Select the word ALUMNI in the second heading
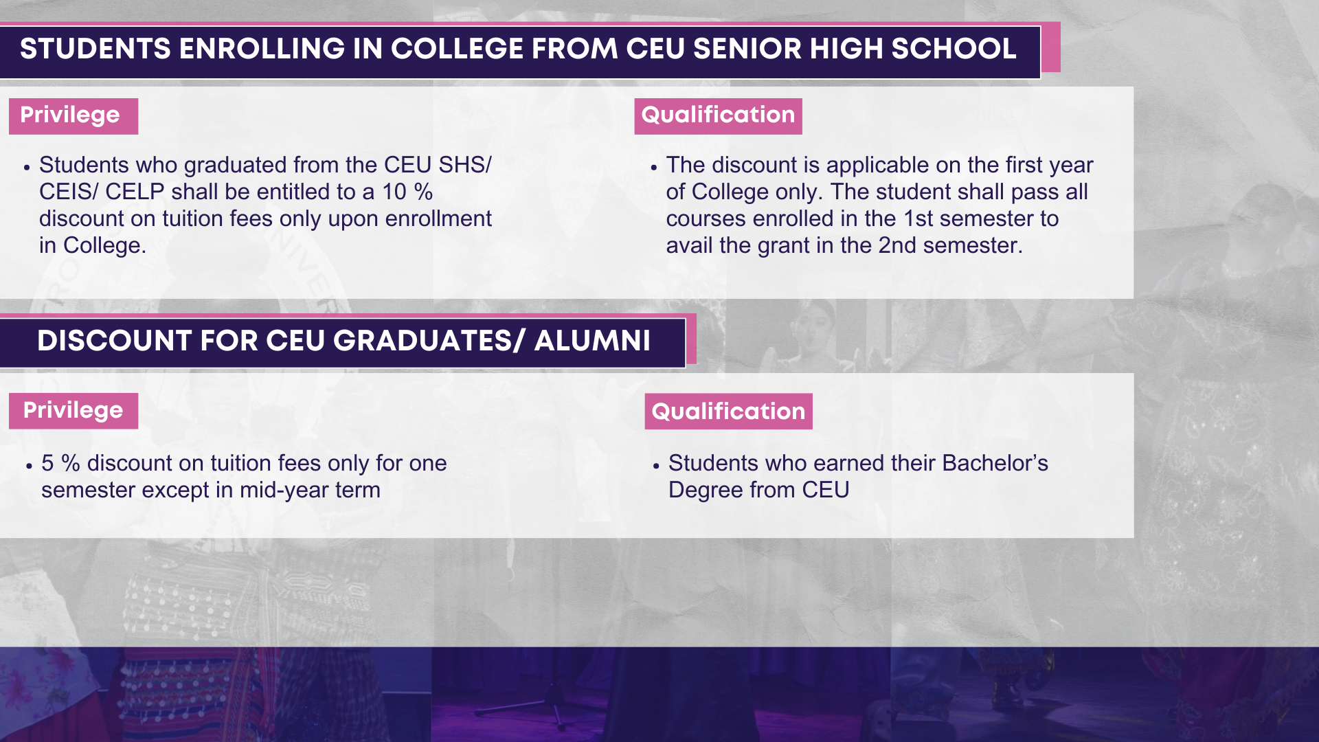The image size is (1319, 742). pyautogui.click(x=591, y=341)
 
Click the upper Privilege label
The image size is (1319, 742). pyautogui.click(x=74, y=115)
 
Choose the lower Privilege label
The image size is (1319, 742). pyautogui.click(x=74, y=411)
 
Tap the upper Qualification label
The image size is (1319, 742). pyautogui.click(x=718, y=115)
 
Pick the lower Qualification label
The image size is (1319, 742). pyautogui.click(x=728, y=411)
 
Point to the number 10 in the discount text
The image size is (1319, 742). pyautogui.click(x=394, y=192)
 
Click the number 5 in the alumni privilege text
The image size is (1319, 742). pyautogui.click(x=47, y=463)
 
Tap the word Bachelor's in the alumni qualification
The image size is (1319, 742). pyautogui.click(x=995, y=463)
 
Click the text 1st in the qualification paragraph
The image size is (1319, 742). pyautogui.click(x=918, y=218)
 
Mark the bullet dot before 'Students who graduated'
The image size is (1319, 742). pyautogui.click(x=27, y=167)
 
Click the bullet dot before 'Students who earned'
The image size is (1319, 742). pyautogui.click(x=656, y=465)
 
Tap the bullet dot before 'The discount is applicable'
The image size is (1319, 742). pyautogui.click(x=654, y=167)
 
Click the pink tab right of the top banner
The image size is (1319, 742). pyautogui.click(x=1051, y=47)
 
